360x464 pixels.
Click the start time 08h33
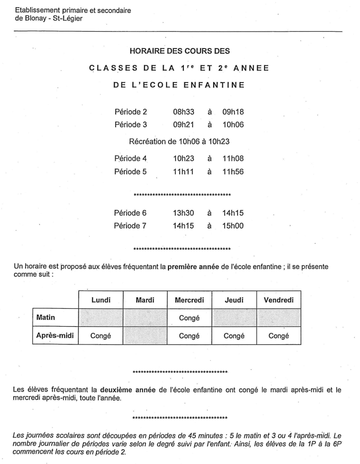click(x=183, y=112)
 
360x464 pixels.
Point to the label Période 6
click(x=131, y=212)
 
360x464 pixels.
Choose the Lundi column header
click(x=101, y=300)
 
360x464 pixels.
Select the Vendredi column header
click(x=278, y=300)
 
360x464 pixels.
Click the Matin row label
click(x=47, y=317)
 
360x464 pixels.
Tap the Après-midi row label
click(x=55, y=336)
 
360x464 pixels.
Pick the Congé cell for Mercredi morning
click(x=189, y=318)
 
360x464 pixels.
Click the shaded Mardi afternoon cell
click(x=145, y=336)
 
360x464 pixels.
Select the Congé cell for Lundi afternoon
click(x=101, y=336)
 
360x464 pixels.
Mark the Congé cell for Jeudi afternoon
click(x=234, y=336)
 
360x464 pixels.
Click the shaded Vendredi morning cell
click(x=278, y=317)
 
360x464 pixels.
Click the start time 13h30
click(x=183, y=212)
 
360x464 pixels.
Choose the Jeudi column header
click(x=234, y=300)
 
